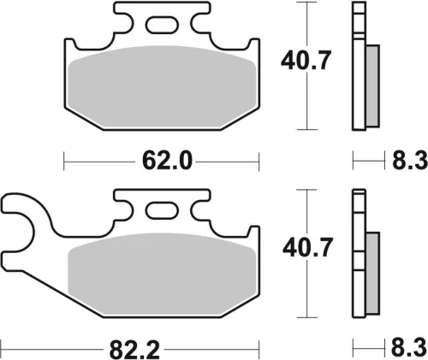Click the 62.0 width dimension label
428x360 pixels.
click(x=163, y=160)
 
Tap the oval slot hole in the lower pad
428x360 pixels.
click(x=162, y=210)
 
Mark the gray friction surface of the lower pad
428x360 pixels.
click(x=163, y=279)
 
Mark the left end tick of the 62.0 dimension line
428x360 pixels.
click(x=65, y=160)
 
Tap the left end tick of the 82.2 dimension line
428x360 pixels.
click(x=3, y=350)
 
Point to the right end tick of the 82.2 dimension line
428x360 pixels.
click(x=259, y=350)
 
